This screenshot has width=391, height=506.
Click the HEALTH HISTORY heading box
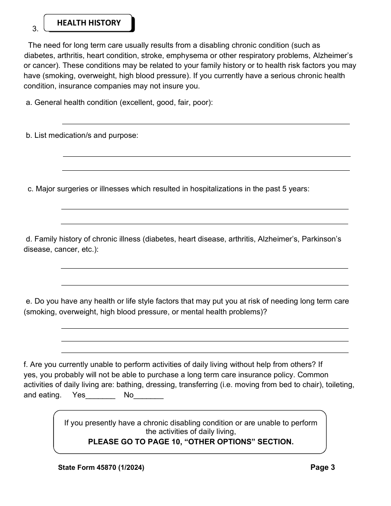click(x=88, y=23)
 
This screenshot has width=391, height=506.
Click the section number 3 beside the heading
click(x=35, y=29)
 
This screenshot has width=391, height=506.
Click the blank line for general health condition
click(x=206, y=123)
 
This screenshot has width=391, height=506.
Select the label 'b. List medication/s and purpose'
click(x=82, y=135)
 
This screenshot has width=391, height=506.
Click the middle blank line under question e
click(x=205, y=340)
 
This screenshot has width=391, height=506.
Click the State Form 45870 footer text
click(x=101, y=467)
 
